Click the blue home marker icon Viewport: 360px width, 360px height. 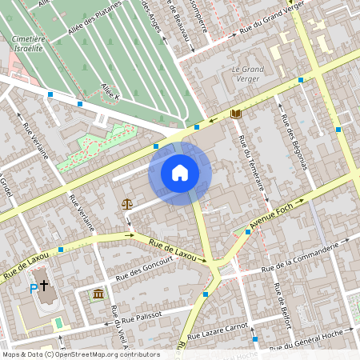click(x=180, y=173)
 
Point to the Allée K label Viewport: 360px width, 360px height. click(x=110, y=90)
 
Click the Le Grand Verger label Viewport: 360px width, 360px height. click(x=248, y=74)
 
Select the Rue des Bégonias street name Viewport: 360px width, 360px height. click(x=294, y=142)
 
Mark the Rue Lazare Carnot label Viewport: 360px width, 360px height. click(x=227, y=319)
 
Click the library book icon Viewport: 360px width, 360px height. click(x=235, y=114)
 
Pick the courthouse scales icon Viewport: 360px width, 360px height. click(x=126, y=203)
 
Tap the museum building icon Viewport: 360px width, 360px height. click(x=98, y=296)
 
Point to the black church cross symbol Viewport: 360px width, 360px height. click(x=45, y=284)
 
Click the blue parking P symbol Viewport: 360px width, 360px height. click(x=34, y=289)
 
